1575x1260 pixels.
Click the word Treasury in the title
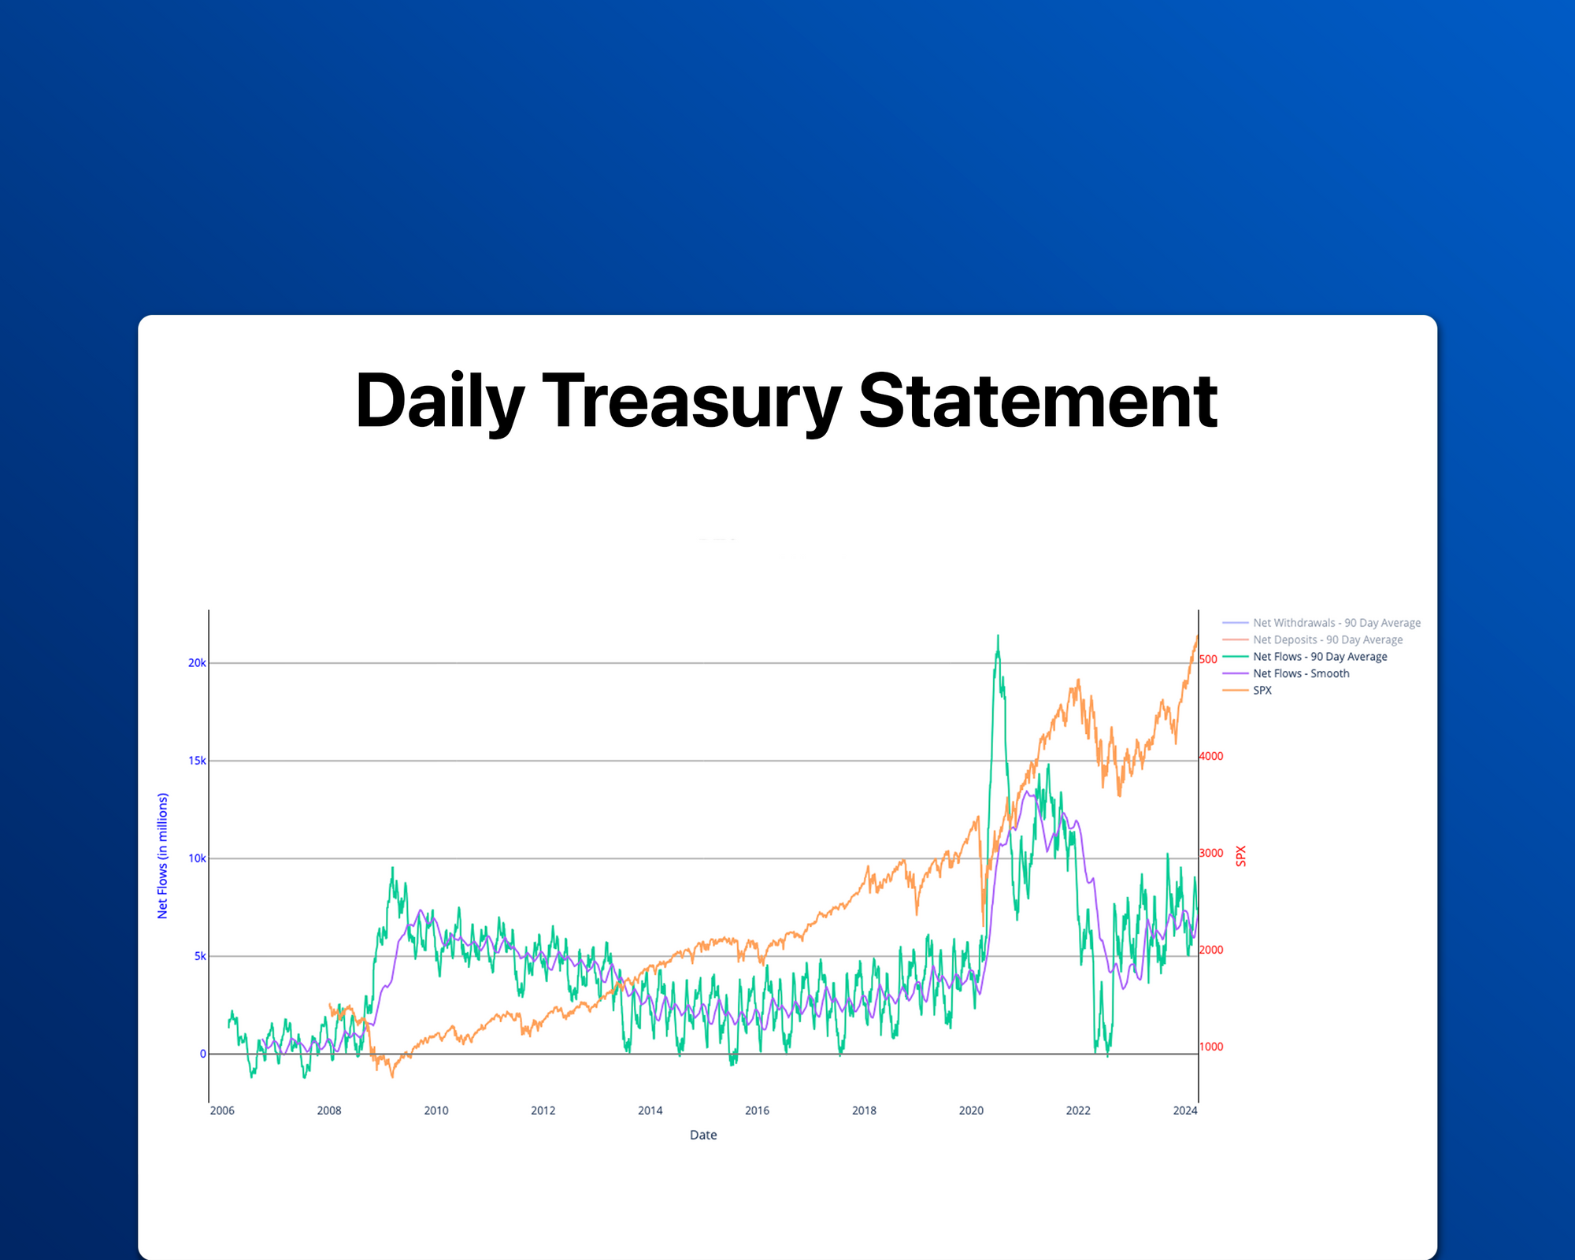tap(691, 402)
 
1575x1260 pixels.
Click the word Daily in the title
tap(439, 402)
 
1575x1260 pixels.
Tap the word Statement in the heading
tap(1037, 402)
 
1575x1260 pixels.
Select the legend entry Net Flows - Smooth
tap(1301, 673)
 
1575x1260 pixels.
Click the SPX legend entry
tap(1262, 690)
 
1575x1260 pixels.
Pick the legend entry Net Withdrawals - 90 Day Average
tap(1336, 623)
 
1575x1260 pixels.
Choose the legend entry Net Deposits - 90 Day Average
tap(1328, 639)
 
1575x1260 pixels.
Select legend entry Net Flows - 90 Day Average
tap(1320, 657)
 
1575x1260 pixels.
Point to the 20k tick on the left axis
tap(196, 663)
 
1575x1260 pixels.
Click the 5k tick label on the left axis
tap(200, 956)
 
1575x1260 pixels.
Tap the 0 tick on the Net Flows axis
tap(203, 1054)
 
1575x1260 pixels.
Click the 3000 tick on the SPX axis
tap(1211, 853)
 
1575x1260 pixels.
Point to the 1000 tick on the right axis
tap(1211, 1047)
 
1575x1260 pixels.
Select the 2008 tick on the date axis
tap(329, 1110)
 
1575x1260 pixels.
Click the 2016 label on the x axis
tap(757, 1110)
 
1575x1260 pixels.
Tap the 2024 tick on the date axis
tap(1184, 1110)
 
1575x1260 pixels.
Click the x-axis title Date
tap(703, 1135)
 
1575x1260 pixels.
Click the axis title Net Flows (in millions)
tap(162, 855)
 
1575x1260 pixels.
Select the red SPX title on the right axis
tap(1241, 856)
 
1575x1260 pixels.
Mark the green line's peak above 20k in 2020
tap(998, 636)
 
